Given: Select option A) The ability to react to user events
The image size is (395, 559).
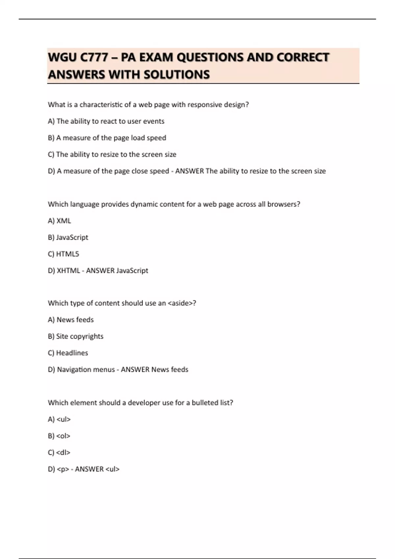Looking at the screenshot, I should click(x=106, y=121).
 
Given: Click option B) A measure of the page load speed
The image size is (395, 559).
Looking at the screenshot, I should click(x=107, y=138).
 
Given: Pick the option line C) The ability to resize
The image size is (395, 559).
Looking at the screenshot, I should click(x=112, y=155).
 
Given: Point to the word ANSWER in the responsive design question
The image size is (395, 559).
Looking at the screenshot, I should click(x=190, y=171).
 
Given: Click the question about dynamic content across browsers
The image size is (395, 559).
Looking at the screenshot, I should click(x=174, y=204).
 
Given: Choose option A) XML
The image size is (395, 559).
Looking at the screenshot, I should click(x=59, y=221).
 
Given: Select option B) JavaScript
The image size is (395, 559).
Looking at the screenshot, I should click(x=68, y=237).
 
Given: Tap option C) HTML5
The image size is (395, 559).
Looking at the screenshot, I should click(x=64, y=254).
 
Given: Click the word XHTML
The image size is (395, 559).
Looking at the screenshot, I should click(x=68, y=271).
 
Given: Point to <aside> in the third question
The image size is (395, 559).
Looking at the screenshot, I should click(x=181, y=303).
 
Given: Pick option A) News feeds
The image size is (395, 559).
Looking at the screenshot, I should click(x=71, y=320).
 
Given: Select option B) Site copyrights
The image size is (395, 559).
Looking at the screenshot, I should click(x=76, y=336).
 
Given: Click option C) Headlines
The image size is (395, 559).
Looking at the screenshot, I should click(x=68, y=353).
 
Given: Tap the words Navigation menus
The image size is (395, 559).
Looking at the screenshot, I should click(x=86, y=370).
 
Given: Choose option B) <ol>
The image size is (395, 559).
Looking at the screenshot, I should click(x=59, y=436).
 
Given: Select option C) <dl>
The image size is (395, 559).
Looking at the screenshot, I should click(x=59, y=452).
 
